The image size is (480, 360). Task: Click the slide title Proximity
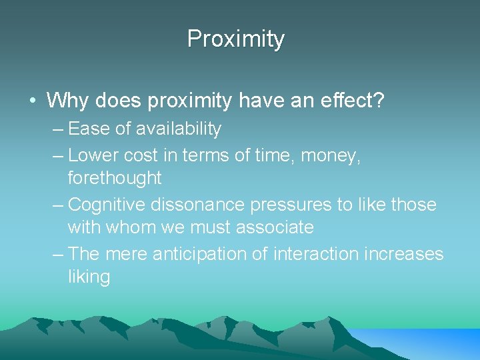click(x=236, y=39)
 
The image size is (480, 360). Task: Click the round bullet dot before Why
click(x=31, y=101)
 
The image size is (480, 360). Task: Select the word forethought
click(x=115, y=178)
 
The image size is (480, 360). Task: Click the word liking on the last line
click(x=89, y=277)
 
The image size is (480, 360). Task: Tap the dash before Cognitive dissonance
click(x=57, y=205)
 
